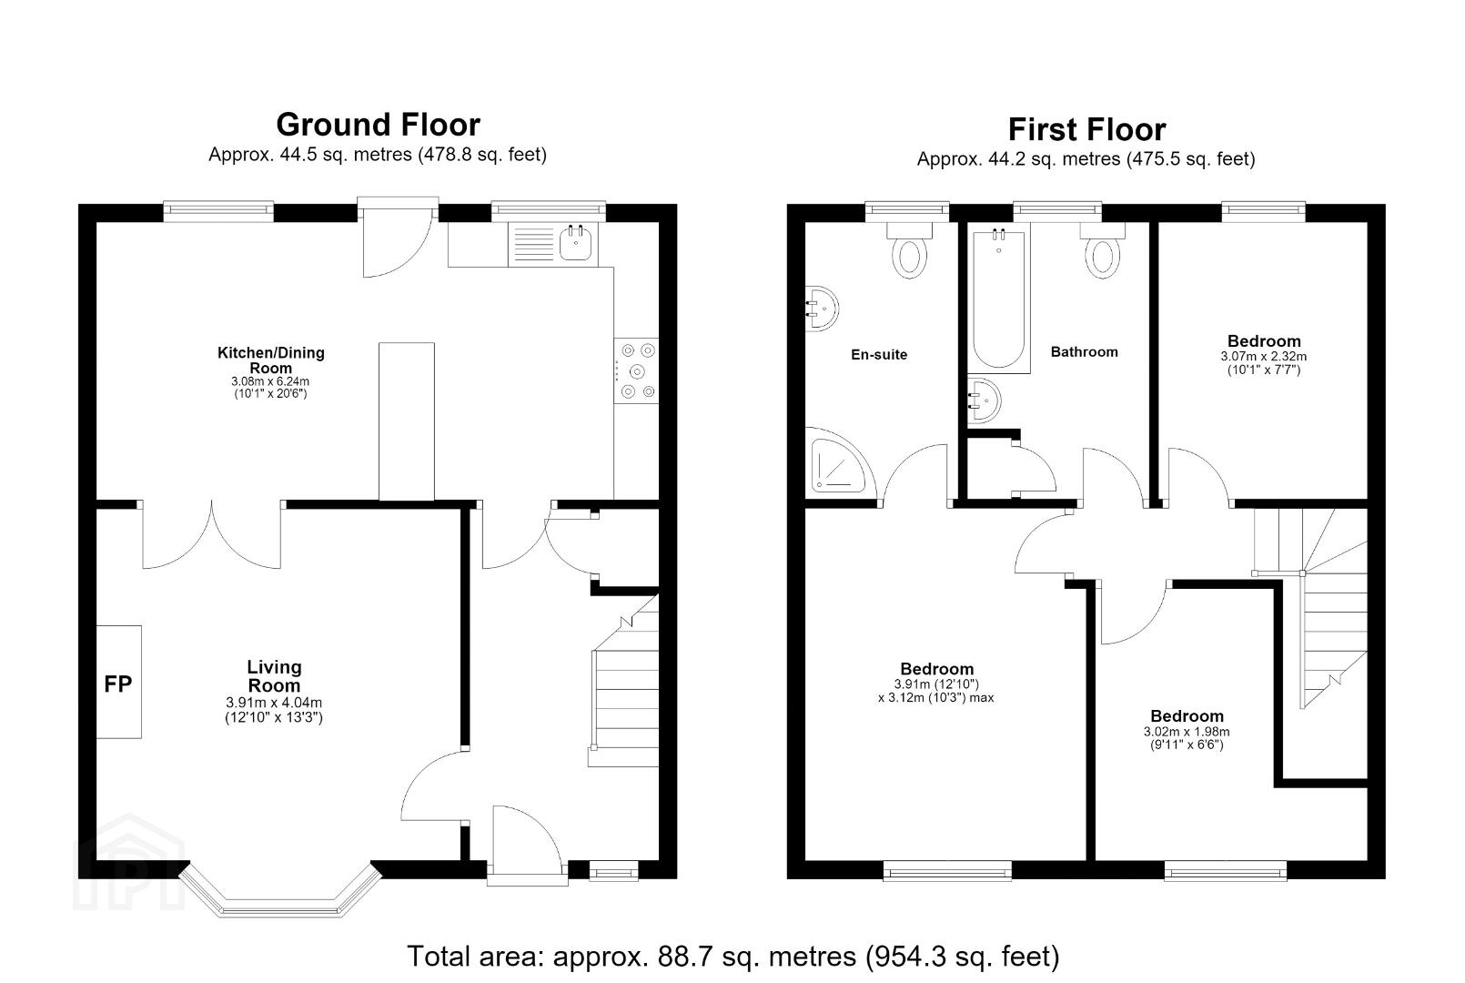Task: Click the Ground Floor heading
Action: pos(378,125)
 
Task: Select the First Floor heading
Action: pos(1086,129)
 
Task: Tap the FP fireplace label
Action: pos(118,684)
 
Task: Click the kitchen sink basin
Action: pos(575,244)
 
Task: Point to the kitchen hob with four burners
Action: pos(636,370)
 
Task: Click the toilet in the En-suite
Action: pos(909,249)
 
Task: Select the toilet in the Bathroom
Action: pos(1102,249)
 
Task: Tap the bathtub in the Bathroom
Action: pos(998,298)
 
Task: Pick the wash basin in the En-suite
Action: pos(822,308)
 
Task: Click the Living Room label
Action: pos(274,676)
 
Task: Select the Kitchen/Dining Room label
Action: pos(271,360)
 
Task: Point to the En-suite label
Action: pos(879,354)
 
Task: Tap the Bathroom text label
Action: pos(1085,352)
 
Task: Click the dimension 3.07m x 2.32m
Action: pos(1264,357)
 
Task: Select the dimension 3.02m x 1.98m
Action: pos(1187,732)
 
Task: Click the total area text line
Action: pos(733,957)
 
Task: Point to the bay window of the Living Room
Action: pos(280,909)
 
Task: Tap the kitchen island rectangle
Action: pos(406,421)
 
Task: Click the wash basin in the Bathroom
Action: pos(984,400)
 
